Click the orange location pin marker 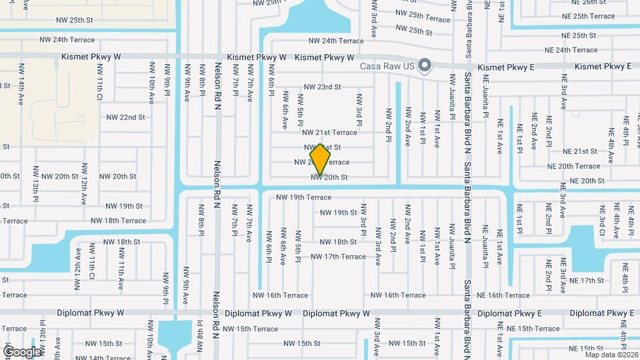click(321, 159)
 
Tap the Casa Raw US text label click(387, 66)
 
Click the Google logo click(23, 351)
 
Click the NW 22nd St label click(125, 117)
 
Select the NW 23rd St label click(322, 87)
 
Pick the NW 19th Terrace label click(303, 197)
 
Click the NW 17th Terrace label click(338, 257)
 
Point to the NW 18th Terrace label click(118, 221)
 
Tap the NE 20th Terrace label click(573, 166)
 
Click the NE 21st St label click(579, 152)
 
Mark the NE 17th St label click(586, 281)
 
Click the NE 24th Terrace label click(571, 50)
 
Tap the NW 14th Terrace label click(92, 358)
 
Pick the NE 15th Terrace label click(533, 329)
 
